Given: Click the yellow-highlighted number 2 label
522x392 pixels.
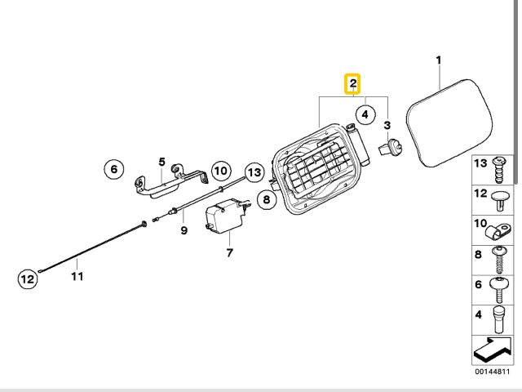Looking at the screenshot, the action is (353, 83).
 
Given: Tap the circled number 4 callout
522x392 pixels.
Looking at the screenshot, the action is (365, 114).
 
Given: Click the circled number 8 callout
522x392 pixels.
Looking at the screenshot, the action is (267, 199).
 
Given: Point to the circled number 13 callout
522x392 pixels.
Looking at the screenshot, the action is (254, 172).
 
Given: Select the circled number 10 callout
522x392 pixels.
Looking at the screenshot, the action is (220, 171).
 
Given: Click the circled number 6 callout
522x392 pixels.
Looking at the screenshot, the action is (114, 169).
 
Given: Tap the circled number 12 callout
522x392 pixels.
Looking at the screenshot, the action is (27, 278).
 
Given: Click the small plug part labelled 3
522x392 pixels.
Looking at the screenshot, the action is (390, 148).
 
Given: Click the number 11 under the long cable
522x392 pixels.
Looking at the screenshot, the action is (77, 276).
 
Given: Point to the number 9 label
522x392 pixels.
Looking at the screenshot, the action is (184, 230).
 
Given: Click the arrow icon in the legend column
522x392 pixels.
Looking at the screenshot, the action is (492, 350).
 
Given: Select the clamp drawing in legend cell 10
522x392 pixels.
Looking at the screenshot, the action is (498, 232).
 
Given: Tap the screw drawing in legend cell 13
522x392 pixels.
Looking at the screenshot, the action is (499, 170).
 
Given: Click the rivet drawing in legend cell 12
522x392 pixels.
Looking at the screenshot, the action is (500, 200).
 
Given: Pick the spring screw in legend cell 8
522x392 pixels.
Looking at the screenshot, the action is (499, 260).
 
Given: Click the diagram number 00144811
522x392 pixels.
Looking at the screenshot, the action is (492, 372).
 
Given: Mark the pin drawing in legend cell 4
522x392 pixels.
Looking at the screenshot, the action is (498, 319).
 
